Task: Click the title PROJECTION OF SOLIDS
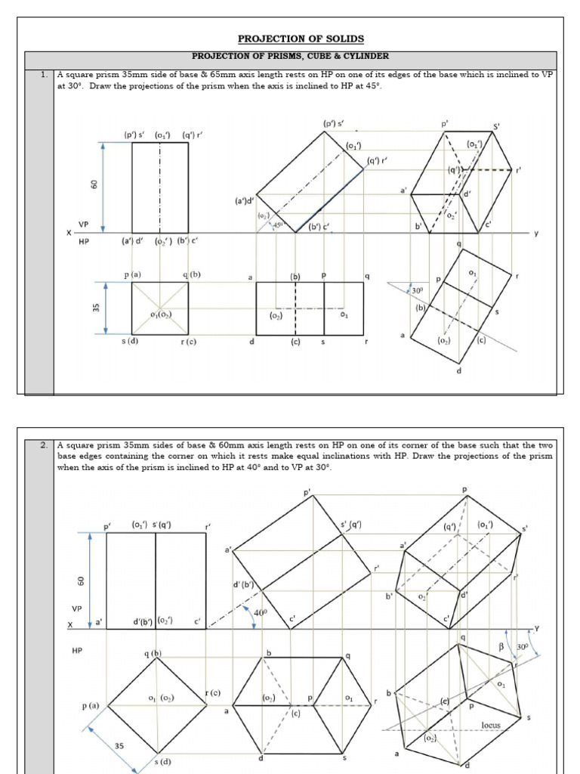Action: (291, 39)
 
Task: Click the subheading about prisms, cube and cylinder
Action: (291, 56)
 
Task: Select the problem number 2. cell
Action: (45, 445)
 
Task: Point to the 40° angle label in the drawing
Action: (261, 613)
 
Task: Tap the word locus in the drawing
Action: (491, 725)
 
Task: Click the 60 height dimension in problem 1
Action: (94, 184)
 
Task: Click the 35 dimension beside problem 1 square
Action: (96, 308)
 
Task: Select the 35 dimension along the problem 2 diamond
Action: (119, 746)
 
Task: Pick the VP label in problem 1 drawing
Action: (84, 224)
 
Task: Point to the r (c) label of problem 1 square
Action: (188, 342)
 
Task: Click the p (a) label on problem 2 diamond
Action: (91, 705)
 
